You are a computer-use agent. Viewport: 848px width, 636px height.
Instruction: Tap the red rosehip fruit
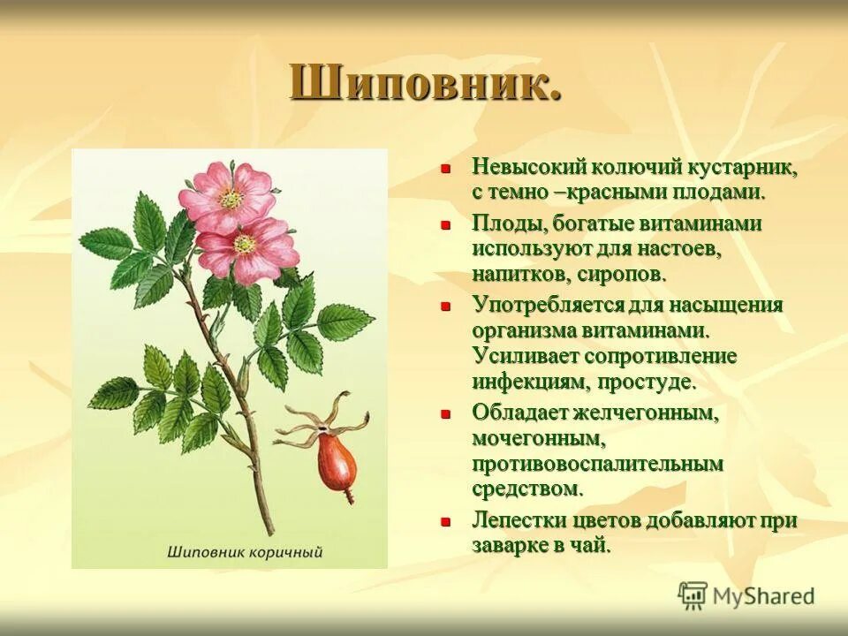336,458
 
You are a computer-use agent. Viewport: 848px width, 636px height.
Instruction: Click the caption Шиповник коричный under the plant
245,553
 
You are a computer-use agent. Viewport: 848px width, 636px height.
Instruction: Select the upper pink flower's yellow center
231,199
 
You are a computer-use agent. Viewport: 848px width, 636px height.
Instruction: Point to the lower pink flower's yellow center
245,244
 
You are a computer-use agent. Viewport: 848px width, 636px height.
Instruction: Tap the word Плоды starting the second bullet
501,224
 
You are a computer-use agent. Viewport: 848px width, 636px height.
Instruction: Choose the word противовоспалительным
597,463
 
